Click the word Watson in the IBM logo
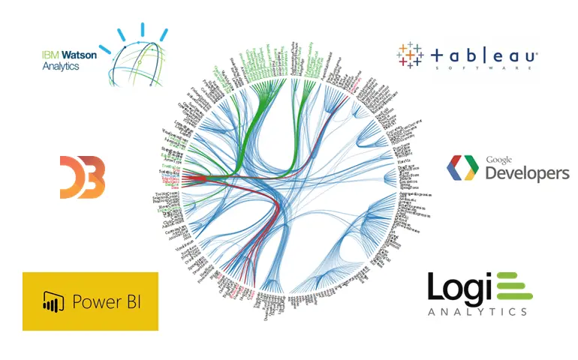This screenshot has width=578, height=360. pyautogui.click(x=71, y=54)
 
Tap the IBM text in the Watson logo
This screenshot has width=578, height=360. pyautogui.click(x=49, y=54)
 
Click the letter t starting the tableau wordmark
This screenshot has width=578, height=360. pyautogui.click(x=438, y=55)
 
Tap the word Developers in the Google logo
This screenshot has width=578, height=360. pyautogui.click(x=527, y=173)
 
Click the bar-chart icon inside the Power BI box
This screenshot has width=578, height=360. pyautogui.click(x=51, y=302)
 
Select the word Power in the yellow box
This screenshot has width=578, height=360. pyautogui.click(x=96, y=302)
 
